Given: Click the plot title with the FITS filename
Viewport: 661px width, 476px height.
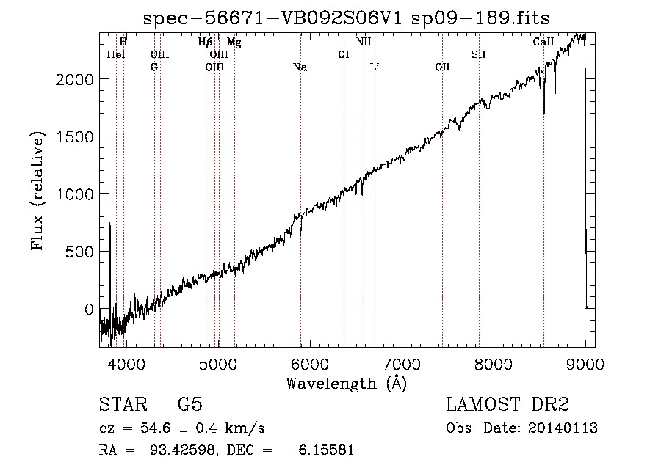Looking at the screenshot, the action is (x=347, y=18).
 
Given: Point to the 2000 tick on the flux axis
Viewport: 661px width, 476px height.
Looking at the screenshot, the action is (x=75, y=79).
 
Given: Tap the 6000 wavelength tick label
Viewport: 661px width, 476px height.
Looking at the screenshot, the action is (x=310, y=364).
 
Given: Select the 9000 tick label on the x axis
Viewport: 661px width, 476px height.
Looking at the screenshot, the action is (x=585, y=364).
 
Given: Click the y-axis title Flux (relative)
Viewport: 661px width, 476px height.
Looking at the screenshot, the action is (x=37, y=191).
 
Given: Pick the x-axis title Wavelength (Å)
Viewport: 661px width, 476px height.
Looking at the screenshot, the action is (x=347, y=383).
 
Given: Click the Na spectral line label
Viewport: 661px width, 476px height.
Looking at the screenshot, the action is (x=300, y=67).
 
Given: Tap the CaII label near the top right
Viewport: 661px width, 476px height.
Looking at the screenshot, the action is (x=543, y=42).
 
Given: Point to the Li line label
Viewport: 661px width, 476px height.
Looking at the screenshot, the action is (x=375, y=67).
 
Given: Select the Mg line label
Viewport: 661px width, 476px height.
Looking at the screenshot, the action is (x=234, y=42).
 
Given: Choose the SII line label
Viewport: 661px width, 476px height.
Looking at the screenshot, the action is (x=479, y=54).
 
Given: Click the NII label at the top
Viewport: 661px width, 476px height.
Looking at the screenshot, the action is (x=364, y=42).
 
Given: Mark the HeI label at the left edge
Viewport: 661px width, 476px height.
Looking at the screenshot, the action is (x=116, y=54).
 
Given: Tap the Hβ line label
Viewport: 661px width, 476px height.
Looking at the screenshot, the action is (x=205, y=42).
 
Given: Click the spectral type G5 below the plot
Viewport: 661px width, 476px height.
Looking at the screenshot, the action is (x=190, y=404).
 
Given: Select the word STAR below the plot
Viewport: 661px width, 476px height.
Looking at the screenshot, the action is (x=123, y=404).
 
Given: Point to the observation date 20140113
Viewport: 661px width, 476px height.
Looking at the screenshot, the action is (x=563, y=428).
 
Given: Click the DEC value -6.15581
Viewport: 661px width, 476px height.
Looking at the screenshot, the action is (x=321, y=450).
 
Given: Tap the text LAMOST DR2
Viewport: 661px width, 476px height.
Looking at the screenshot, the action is (x=508, y=404).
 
